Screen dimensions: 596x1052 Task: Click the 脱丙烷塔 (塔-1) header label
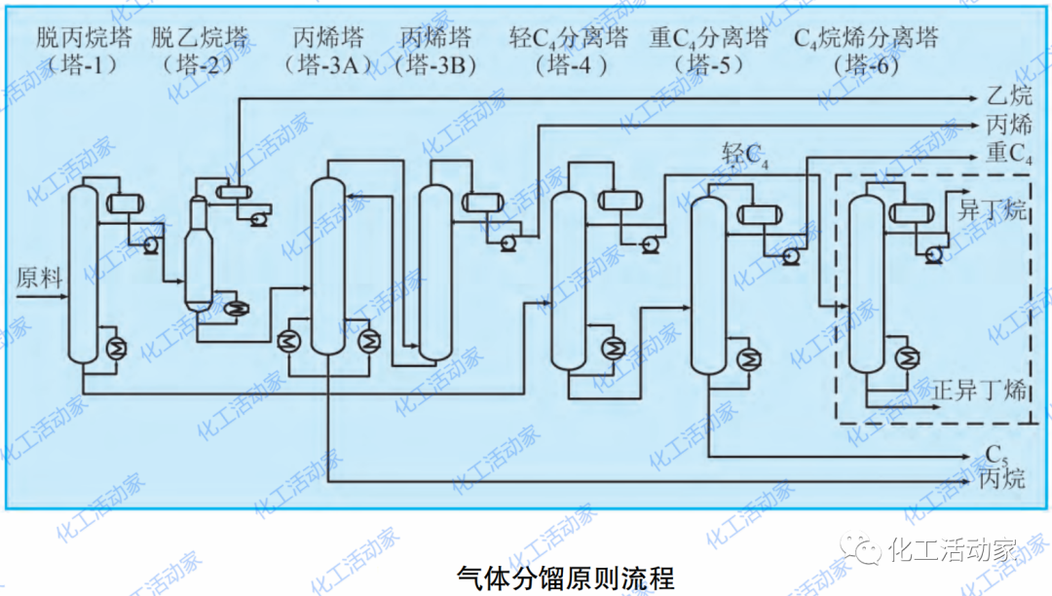[84, 53]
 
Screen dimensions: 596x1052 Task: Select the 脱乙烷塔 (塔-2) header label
[199, 53]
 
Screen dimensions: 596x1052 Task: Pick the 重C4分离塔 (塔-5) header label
[708, 53]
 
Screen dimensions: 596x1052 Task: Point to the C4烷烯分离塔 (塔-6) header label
[866, 53]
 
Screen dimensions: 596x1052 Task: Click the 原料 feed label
[40, 279]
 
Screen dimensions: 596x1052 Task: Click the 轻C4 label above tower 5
[745, 154]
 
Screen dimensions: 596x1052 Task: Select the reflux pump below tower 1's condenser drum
[151, 245]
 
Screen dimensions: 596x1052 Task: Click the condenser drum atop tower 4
[615, 201]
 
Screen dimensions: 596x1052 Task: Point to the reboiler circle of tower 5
[749, 358]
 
